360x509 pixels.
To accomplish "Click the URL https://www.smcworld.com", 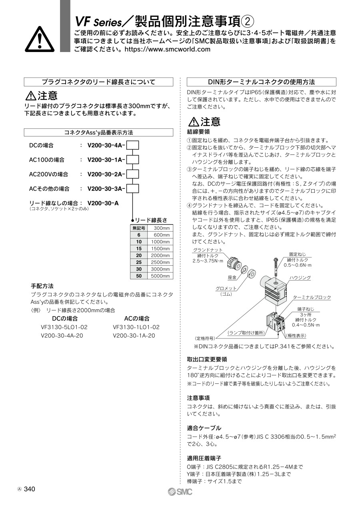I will (x=168, y=49).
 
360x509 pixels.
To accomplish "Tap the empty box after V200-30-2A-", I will (x=132, y=174).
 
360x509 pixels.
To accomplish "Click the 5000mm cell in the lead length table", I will (x=160, y=276).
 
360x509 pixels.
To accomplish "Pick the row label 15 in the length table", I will (x=139, y=248).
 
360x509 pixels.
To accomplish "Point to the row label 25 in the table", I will (x=139, y=262).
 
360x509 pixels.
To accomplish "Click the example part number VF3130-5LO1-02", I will (x=64, y=327).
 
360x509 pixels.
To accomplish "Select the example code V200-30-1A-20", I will (x=134, y=335).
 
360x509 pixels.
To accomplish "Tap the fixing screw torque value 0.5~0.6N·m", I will (x=297, y=265).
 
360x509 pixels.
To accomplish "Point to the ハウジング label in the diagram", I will (x=300, y=277).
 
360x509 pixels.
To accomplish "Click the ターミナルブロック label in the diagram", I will (x=312, y=297).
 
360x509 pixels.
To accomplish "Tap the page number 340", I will (x=30, y=489).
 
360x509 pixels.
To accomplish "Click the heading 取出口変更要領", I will (x=207, y=359).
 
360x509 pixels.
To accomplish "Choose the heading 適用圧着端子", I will (x=204, y=458).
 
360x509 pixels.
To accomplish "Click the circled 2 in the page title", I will (x=248, y=20).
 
